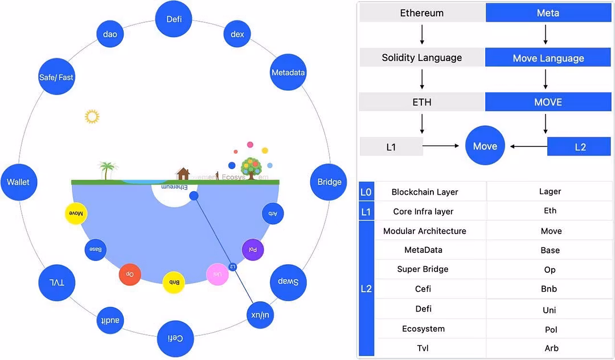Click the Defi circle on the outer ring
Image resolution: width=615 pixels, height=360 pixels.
[x=174, y=19]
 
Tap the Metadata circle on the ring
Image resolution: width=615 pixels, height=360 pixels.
[x=288, y=72]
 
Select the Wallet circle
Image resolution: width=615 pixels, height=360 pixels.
[x=18, y=182]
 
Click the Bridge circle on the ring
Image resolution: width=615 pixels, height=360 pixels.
[x=329, y=182]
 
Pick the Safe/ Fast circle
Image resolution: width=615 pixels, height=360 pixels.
[x=56, y=77]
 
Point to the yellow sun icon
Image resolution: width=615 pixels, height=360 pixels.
[x=92, y=117]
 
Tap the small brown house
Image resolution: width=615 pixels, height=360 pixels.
[x=183, y=173]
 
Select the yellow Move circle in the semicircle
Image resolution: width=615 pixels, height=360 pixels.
[x=76, y=214]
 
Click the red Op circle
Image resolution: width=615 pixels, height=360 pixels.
[x=130, y=274]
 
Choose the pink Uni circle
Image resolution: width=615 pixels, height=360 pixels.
[x=217, y=274]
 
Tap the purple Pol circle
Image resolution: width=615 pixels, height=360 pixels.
[x=253, y=249]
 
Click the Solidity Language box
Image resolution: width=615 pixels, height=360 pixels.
[x=422, y=58]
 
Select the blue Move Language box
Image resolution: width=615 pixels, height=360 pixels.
[x=548, y=58]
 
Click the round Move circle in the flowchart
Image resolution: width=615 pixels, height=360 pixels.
[x=485, y=146]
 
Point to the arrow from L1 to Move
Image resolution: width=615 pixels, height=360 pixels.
[x=441, y=146]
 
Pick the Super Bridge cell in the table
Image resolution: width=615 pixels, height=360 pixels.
[x=423, y=269]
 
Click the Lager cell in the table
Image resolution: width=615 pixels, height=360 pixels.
[x=550, y=192]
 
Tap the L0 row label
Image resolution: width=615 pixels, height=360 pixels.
[x=366, y=192]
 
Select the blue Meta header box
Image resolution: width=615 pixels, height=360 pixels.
[x=548, y=13]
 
